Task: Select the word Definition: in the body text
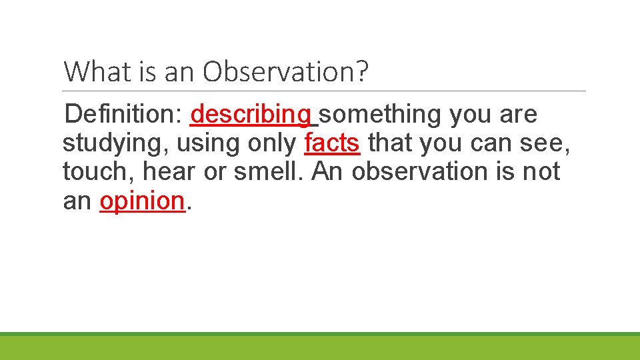click(124, 115)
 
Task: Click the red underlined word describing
click(251, 115)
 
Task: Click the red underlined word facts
click(332, 143)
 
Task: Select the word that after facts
click(391, 143)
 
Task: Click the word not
click(541, 171)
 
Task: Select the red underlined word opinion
click(141, 200)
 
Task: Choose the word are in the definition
click(519, 115)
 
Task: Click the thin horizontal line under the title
click(325, 91)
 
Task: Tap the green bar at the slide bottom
click(320, 347)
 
